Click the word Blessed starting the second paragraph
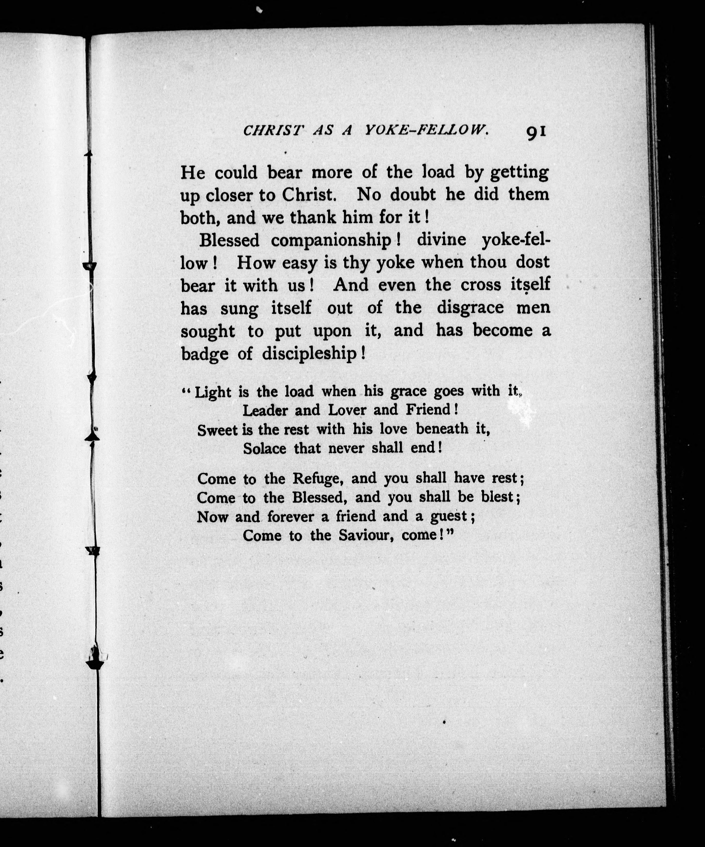tap(229, 240)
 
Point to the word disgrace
tap(470, 308)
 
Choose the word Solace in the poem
tap(264, 449)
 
